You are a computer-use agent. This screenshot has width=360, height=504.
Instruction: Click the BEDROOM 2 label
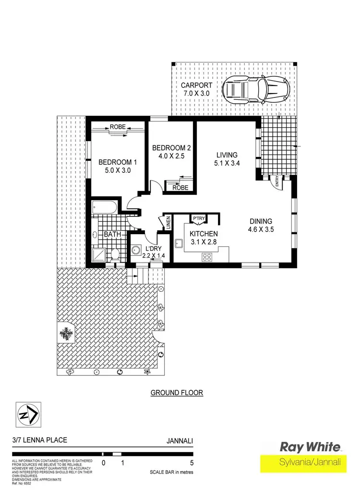[x=168, y=147]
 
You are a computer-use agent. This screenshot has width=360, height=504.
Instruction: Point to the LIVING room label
[x=227, y=155]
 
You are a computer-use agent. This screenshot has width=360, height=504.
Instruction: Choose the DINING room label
[x=261, y=221]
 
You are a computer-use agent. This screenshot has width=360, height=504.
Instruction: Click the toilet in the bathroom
[x=115, y=253]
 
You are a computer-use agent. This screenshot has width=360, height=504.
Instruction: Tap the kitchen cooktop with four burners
[x=207, y=256]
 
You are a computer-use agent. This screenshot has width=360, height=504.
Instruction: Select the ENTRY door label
[x=277, y=183]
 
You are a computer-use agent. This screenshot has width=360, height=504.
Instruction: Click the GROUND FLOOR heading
[x=177, y=393]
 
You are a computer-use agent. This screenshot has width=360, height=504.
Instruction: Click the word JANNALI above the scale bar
[x=180, y=440]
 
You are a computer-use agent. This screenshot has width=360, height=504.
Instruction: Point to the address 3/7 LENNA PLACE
[x=39, y=440]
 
